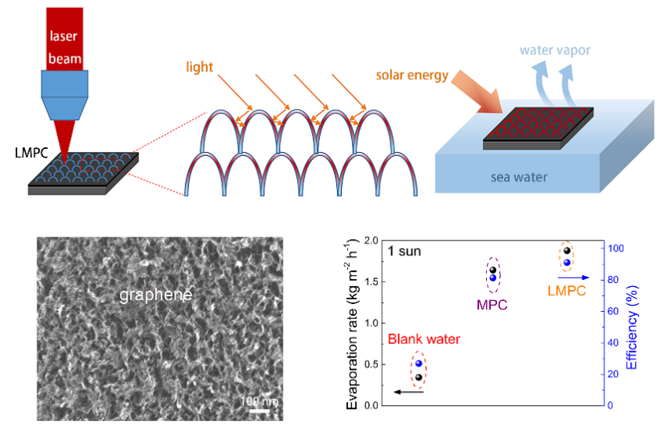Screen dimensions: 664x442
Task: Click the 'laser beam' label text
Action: (x=65, y=47)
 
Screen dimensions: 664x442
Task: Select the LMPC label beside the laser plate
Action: (x=31, y=152)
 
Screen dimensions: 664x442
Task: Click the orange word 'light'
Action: (x=199, y=67)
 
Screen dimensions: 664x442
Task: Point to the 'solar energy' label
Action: (x=412, y=75)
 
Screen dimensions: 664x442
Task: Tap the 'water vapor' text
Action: (x=555, y=50)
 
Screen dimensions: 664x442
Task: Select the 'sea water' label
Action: (x=519, y=177)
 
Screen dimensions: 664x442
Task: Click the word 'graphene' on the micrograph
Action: (x=156, y=295)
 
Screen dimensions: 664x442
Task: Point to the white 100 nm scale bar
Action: (x=259, y=411)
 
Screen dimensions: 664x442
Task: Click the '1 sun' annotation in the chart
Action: (x=405, y=251)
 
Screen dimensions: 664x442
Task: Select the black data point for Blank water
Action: (x=419, y=377)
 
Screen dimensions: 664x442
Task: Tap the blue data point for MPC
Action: (x=493, y=277)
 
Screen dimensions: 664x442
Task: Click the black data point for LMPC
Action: (x=567, y=251)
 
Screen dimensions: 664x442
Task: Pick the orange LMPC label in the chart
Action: (x=567, y=291)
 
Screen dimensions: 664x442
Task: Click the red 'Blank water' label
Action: (x=424, y=339)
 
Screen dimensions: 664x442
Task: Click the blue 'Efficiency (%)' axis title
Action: (x=632, y=328)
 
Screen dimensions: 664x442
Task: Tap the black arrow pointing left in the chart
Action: (x=408, y=392)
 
